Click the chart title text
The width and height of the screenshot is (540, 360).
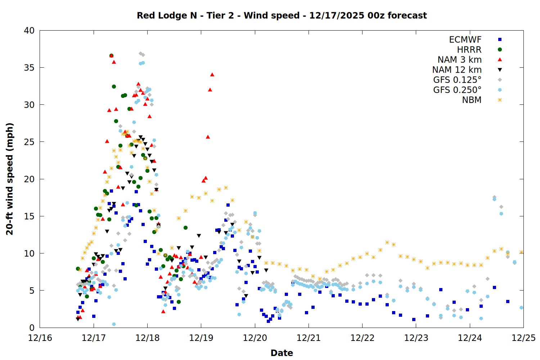[282, 15]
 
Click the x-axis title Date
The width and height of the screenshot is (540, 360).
[282, 353]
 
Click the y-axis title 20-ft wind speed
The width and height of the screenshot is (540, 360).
[10, 179]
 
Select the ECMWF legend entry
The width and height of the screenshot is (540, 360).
[465, 40]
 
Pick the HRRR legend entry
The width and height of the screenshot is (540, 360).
[469, 50]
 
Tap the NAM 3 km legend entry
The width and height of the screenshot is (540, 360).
[459, 60]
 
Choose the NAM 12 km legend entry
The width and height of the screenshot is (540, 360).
[457, 70]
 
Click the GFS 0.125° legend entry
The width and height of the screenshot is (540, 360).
[457, 80]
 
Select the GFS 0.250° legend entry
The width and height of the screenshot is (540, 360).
[457, 90]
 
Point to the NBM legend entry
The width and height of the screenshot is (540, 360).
[472, 100]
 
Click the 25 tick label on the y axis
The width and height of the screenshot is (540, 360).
[30, 142]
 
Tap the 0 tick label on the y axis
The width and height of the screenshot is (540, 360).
[32, 328]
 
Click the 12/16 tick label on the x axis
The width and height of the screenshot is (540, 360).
[40, 338]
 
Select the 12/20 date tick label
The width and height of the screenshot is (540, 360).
[255, 338]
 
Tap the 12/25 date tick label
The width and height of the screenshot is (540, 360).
[523, 338]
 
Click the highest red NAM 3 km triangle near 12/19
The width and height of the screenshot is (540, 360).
[212, 75]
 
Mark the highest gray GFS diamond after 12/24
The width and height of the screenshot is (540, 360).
[494, 197]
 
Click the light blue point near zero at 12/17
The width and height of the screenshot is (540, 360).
[114, 324]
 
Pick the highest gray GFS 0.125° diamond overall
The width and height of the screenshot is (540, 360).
[140, 53]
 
